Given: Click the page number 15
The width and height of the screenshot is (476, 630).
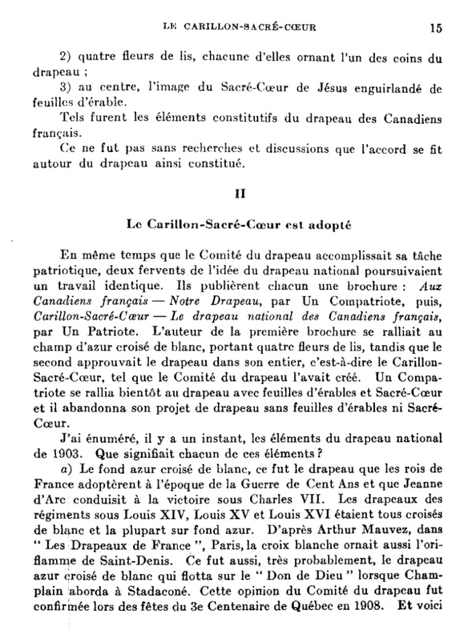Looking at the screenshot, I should click(436, 28).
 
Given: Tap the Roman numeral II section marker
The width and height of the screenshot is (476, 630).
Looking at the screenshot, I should click(241, 193).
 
